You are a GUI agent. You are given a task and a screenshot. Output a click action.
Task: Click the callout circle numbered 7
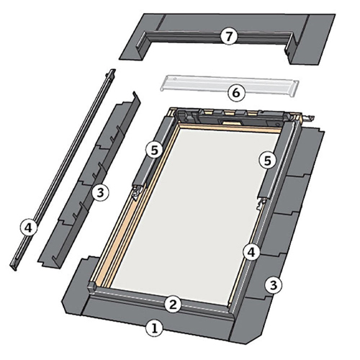tap(229, 37)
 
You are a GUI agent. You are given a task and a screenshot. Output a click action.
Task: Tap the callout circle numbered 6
tap(236, 93)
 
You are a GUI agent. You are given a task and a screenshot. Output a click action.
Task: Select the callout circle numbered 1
tap(155, 328)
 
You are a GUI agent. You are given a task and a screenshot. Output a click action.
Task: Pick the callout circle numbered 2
tap(173, 305)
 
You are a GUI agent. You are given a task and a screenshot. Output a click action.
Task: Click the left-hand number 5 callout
tap(154, 150)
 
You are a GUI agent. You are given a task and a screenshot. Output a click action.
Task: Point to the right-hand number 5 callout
tap(268, 161)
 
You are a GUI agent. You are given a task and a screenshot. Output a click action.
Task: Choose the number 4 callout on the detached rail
tap(29, 228)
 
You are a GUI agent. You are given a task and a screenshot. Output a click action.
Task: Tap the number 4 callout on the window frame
tap(251, 253)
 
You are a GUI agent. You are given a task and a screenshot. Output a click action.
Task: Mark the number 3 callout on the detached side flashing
tap(100, 192)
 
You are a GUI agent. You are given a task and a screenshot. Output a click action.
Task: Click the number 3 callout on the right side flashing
tap(274, 285)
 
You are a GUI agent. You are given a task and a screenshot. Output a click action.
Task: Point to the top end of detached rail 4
tap(112, 71)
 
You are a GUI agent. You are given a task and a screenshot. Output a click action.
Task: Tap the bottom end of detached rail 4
tap(14, 267)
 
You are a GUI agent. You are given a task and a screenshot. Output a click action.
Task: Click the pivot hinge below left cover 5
tap(138, 192)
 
